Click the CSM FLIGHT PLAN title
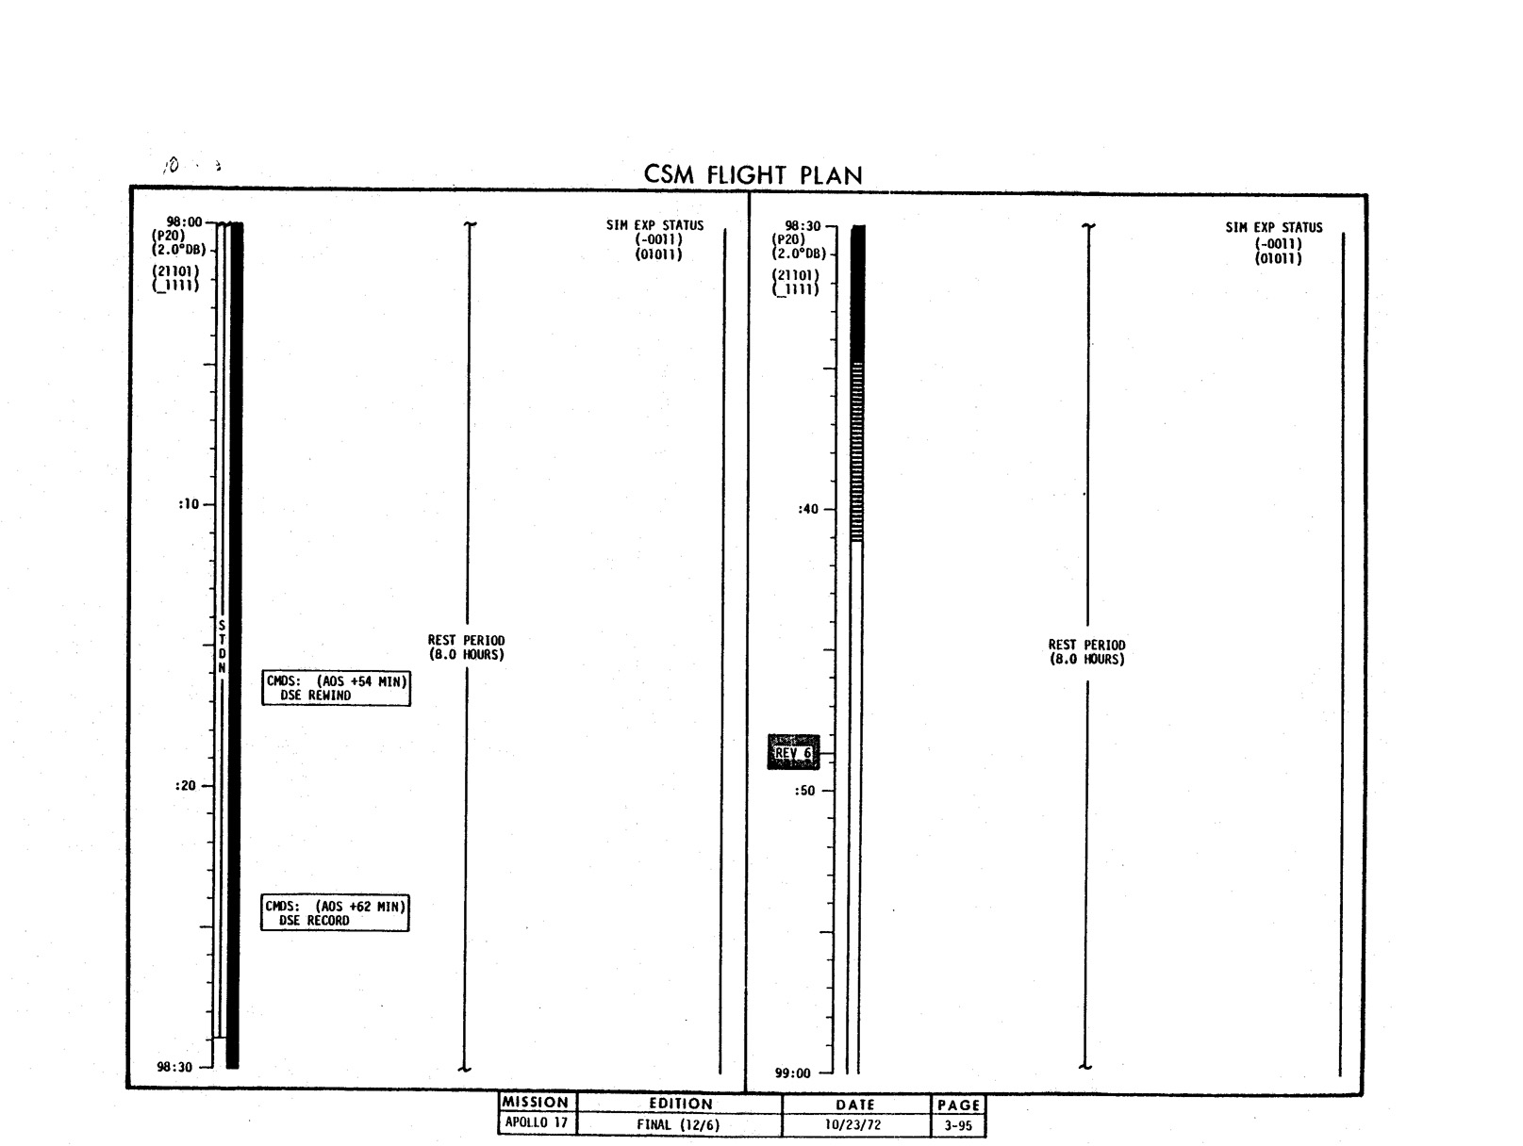point(753,174)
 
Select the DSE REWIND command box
point(336,688)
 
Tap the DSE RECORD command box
point(335,912)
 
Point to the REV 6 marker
point(793,752)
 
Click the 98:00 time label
point(184,221)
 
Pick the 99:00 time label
point(792,1073)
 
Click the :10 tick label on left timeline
point(188,504)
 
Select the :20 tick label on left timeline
point(185,785)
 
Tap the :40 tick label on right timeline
point(807,509)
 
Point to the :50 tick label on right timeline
point(804,791)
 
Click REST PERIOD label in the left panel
point(466,647)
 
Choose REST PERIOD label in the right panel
point(1086,651)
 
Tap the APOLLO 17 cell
point(537,1121)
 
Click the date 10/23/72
point(853,1124)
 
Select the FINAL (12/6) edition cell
point(679,1124)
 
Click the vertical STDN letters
point(222,647)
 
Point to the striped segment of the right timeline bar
point(857,451)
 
